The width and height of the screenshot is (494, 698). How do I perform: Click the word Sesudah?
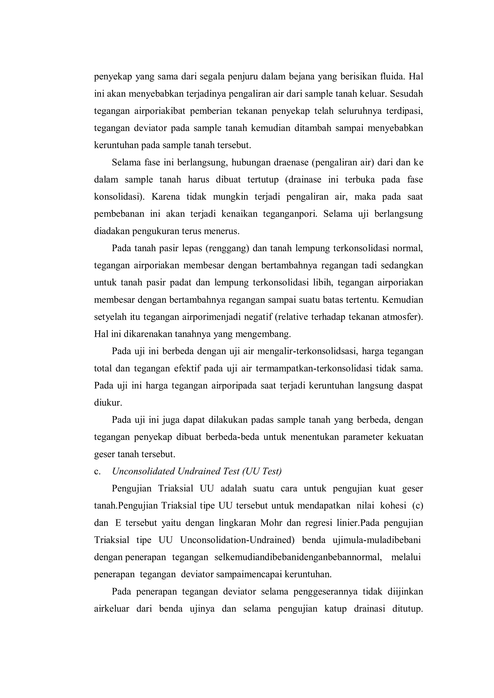[x=406, y=94]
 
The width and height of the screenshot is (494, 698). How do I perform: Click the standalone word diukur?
[x=108, y=403]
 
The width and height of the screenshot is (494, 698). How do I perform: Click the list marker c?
[x=97, y=472]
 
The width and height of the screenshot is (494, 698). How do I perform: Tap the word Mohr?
[x=271, y=523]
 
